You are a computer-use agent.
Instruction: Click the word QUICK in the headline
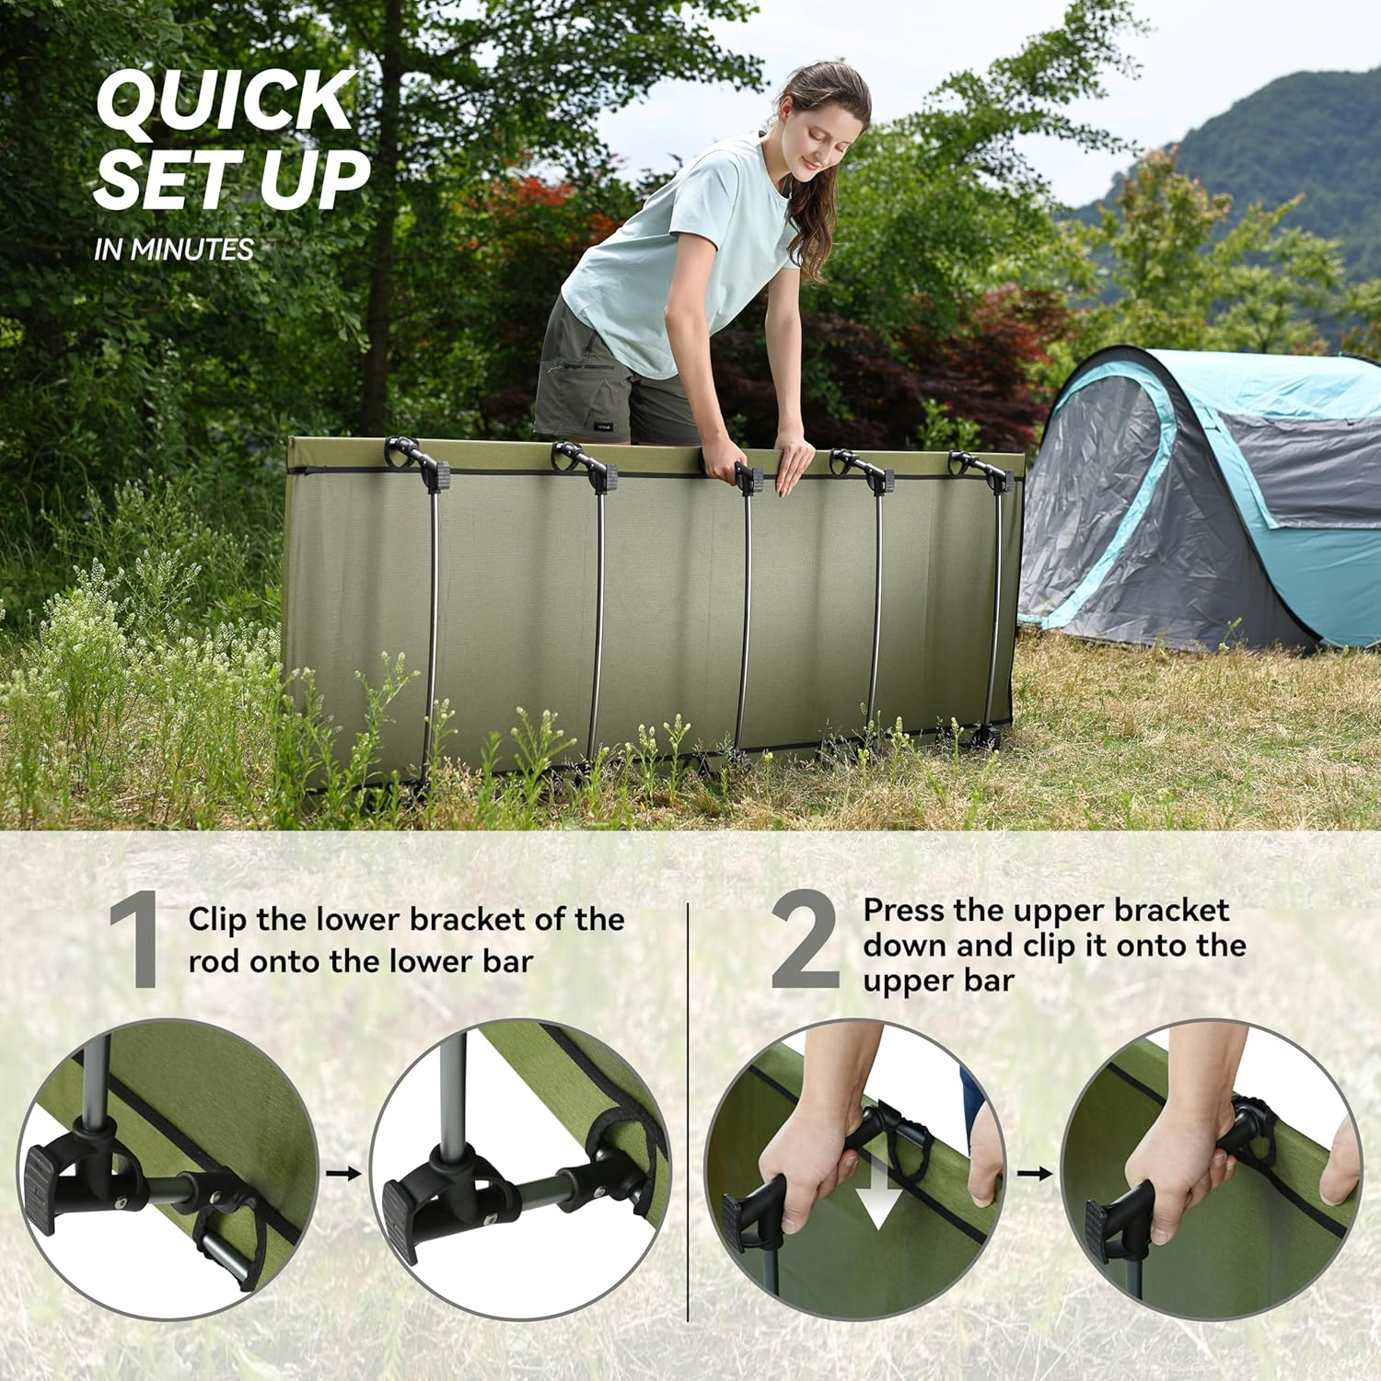tap(225, 101)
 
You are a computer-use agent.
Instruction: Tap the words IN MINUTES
tap(173, 250)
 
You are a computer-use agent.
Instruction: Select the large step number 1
tap(134, 941)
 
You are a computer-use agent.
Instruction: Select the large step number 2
tap(804, 941)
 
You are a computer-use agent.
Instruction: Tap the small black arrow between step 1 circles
tap(343, 1173)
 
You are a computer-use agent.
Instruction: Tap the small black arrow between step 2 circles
tap(1034, 1173)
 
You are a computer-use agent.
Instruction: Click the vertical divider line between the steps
tap(689, 1105)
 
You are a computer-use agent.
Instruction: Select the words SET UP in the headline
tap(230, 180)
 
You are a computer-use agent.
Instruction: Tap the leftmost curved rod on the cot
tap(431, 626)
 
